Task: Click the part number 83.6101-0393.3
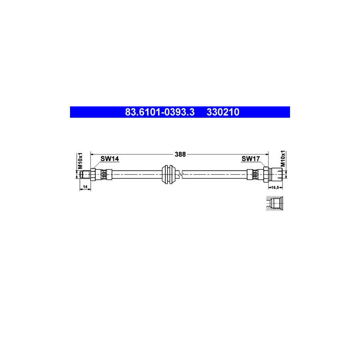160,112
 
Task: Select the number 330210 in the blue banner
223,112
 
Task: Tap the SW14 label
109,159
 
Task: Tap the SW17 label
251,159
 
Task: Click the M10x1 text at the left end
80,160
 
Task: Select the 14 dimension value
85,187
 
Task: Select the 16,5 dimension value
275,187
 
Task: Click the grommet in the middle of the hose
169,174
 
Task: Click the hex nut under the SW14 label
93,174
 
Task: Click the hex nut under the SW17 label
265,174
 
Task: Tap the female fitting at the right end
277,174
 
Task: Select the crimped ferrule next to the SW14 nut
104,174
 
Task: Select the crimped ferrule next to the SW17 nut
254,174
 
